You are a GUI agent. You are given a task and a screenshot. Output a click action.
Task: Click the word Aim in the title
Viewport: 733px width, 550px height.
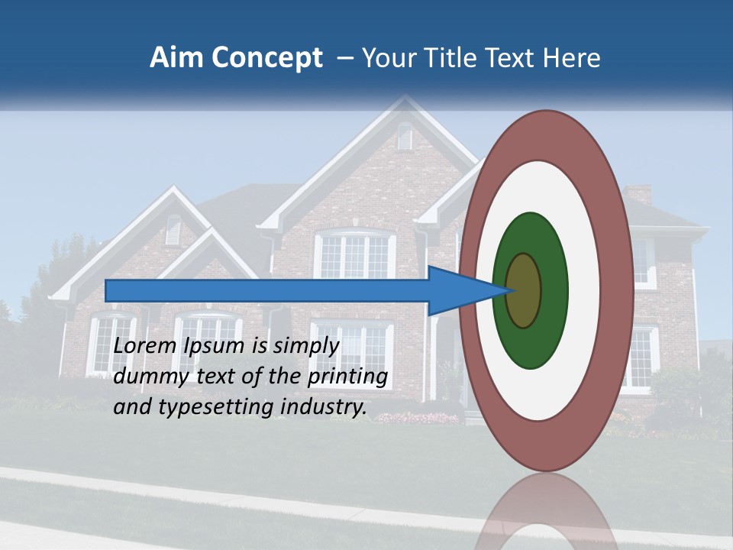(x=176, y=58)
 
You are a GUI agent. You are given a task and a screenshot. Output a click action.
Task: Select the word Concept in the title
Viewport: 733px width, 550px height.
(x=267, y=59)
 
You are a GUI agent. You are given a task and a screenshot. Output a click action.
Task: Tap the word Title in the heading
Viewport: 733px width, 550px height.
(x=457, y=58)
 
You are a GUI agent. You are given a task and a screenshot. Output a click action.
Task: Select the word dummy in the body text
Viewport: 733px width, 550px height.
(x=147, y=377)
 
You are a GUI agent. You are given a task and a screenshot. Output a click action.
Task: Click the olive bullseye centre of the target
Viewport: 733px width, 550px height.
(x=525, y=290)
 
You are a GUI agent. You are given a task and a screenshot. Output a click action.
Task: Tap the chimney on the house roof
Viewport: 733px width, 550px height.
(x=638, y=195)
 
